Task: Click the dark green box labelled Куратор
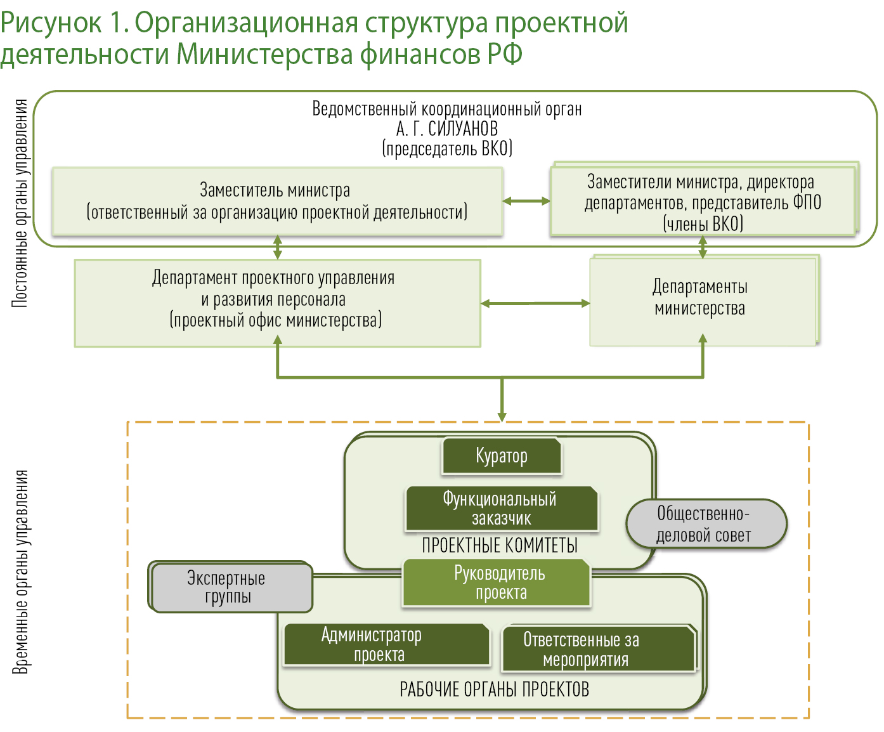pos(502,456)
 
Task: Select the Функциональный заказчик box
pos(502,509)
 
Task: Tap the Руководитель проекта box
pos(497,583)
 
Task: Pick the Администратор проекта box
pos(386,644)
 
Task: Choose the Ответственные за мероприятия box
pos(598,649)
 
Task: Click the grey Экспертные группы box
pos(231,588)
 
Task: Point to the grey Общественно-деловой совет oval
pos(706,524)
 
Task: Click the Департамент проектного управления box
pos(277,303)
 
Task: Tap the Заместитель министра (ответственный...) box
pos(277,202)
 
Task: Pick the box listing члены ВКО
pos(702,202)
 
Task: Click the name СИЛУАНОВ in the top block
pos(463,129)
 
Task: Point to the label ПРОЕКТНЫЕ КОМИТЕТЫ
pos(500,546)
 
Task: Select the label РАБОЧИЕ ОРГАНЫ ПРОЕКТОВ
pos(494,690)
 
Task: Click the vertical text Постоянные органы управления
pos(20,203)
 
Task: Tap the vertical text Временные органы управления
pos(20,571)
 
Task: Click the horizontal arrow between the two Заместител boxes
pos(526,202)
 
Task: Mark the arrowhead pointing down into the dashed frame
pos(502,415)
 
